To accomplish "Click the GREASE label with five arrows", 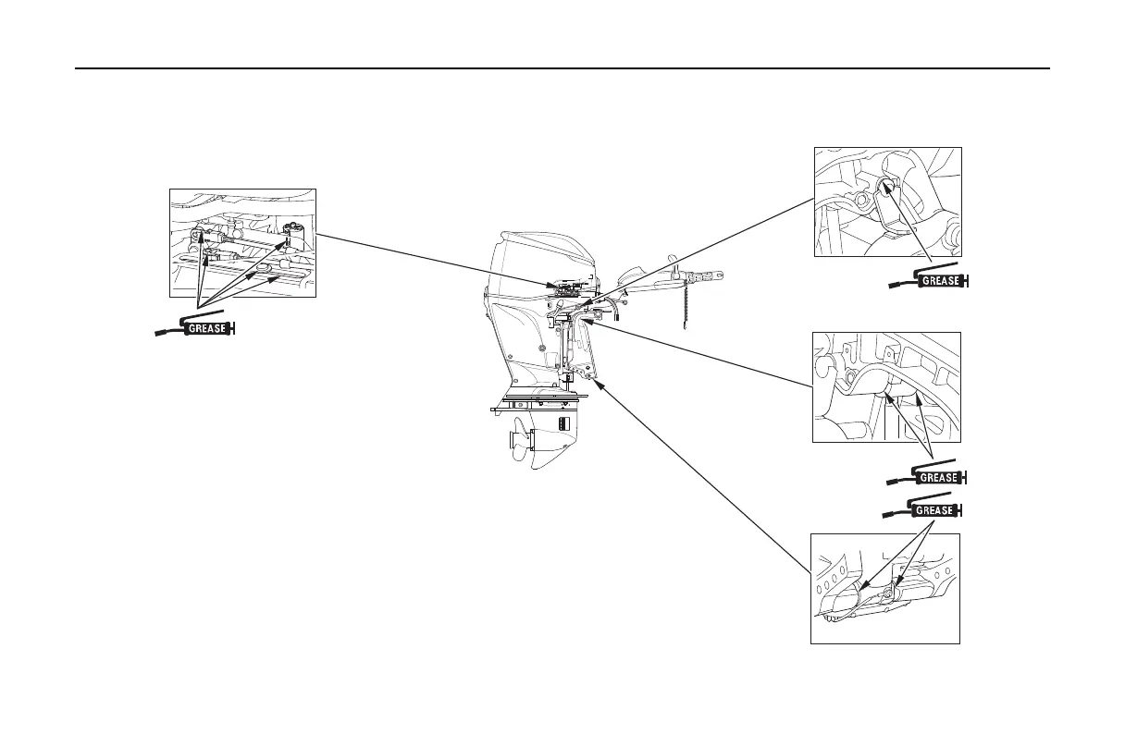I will (208, 327).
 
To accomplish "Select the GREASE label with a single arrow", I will (941, 280).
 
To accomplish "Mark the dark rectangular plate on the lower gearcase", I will (561, 422).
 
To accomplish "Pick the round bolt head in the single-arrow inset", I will (861, 199).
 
